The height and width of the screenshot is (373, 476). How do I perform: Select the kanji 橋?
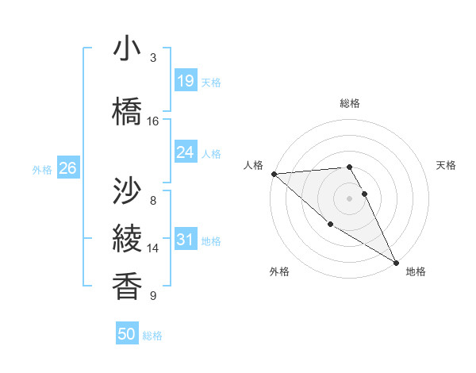[128, 110]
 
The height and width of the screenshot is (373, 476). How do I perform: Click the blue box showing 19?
[185, 82]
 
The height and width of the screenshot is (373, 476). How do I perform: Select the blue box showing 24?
[185, 152]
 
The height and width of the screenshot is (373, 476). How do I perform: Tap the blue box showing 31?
[185, 240]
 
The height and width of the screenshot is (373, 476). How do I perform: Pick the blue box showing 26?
[67, 169]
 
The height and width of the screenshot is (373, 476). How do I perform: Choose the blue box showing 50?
[127, 334]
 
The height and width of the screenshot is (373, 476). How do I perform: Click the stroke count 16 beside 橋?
[153, 121]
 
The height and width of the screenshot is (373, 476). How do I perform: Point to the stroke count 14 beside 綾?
[153, 248]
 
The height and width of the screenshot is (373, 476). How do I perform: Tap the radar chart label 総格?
[350, 103]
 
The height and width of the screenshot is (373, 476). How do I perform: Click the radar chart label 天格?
[446, 165]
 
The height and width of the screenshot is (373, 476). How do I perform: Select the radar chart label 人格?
[253, 165]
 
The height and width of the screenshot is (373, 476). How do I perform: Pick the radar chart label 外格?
[279, 271]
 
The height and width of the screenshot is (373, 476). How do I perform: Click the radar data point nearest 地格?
[396, 262]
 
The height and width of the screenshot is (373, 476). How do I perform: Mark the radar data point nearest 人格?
[274, 174]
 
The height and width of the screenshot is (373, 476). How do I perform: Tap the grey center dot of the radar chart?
[349, 198]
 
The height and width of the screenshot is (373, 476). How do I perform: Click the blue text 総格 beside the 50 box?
[152, 336]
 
